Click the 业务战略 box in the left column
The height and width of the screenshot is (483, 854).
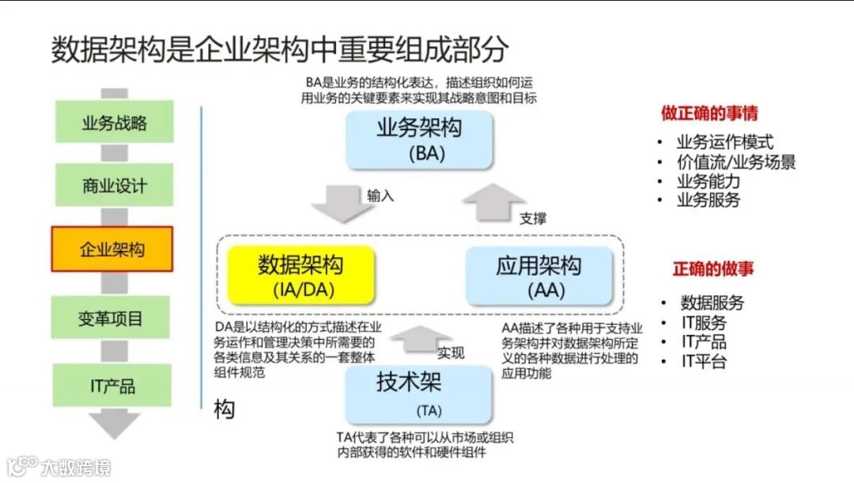[113, 123]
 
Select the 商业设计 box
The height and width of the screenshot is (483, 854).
[113, 186]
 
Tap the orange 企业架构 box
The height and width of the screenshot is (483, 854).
[112, 249]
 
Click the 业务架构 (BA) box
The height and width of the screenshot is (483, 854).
[419, 139]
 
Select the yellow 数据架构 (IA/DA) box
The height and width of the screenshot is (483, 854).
[300, 275]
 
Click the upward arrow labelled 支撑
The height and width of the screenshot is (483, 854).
[494, 202]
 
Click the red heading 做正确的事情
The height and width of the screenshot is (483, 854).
[709, 113]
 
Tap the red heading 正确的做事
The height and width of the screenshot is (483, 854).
[713, 268]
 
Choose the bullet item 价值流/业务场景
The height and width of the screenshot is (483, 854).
[735, 162]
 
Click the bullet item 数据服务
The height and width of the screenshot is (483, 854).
[712, 302]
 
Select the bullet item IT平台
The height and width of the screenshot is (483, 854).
[704, 362]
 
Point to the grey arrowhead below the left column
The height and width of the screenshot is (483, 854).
[113, 424]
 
